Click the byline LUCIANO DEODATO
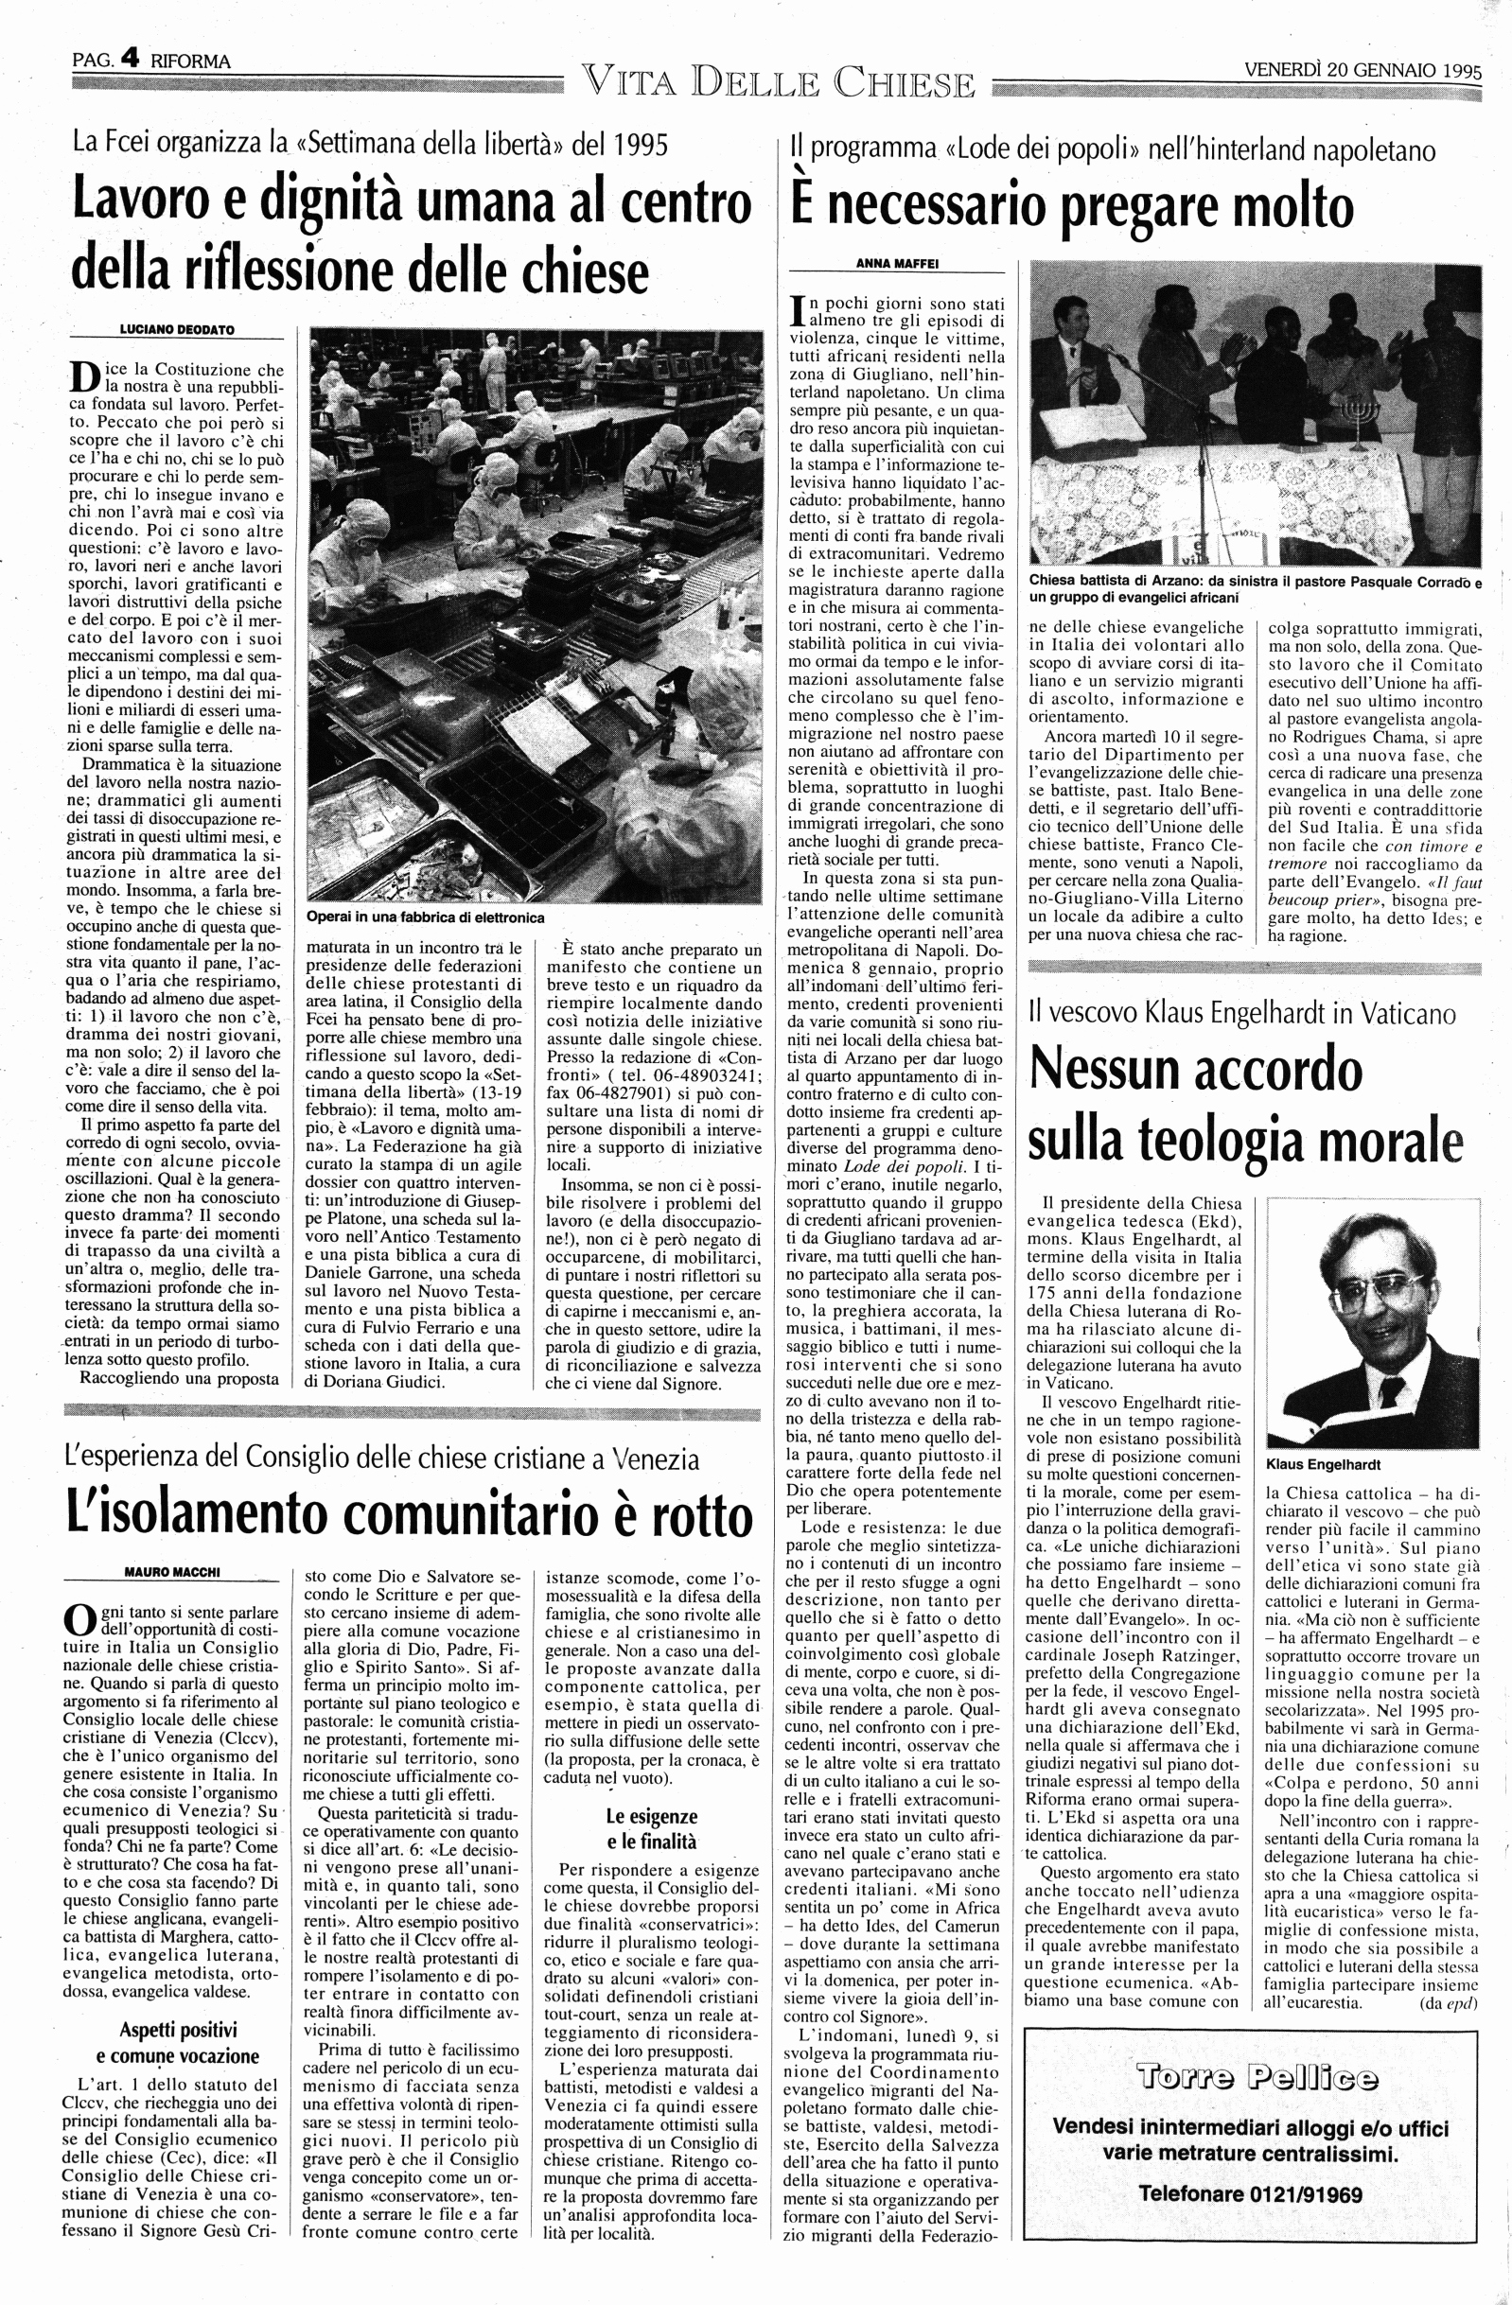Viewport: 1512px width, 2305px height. (177, 329)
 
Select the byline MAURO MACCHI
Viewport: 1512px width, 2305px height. (174, 1571)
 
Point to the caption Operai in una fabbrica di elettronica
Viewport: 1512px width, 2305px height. (425, 917)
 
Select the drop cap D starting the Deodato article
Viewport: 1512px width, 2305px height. (84, 378)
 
